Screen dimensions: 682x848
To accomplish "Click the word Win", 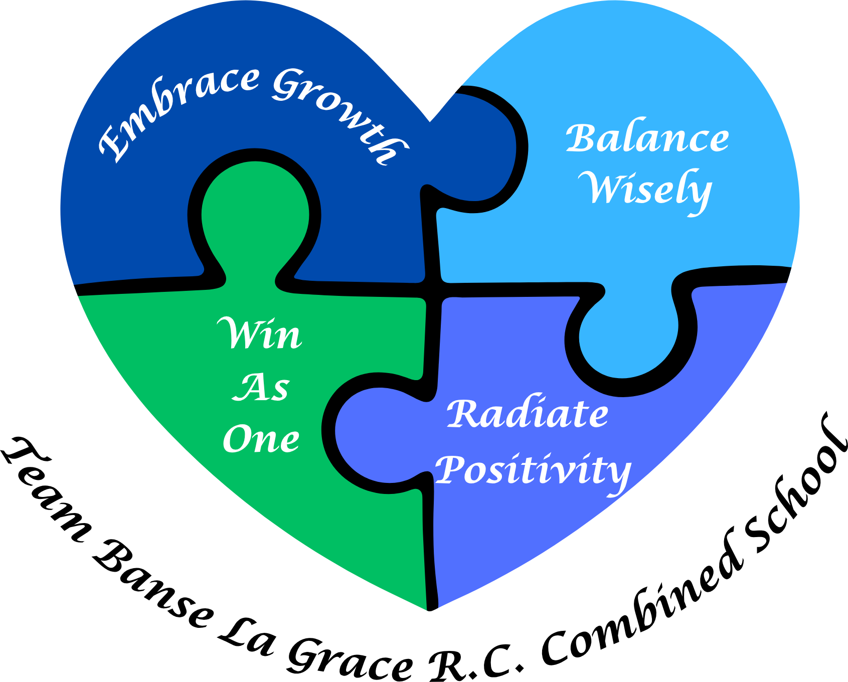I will pos(260,333).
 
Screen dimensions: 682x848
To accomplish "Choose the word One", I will pos(261,439).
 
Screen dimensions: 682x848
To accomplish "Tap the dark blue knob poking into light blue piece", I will pos(476,145).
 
